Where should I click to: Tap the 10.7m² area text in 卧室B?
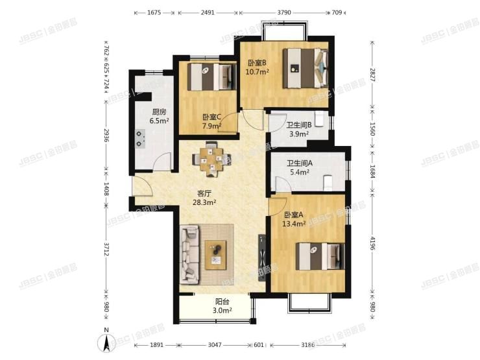[258, 73]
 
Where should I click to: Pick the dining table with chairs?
[211, 158]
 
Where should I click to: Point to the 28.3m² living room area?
[206, 202]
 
